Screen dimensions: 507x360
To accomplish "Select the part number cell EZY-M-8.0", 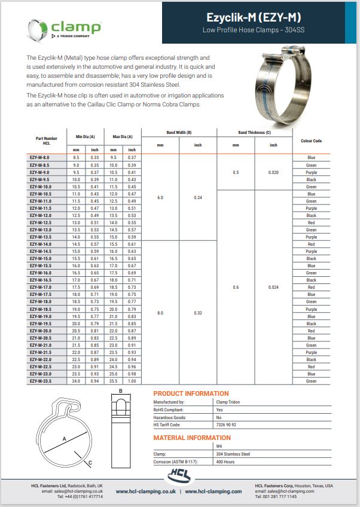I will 41,157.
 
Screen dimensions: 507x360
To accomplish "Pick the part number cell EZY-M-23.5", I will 41,381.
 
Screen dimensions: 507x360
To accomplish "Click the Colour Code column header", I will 312,141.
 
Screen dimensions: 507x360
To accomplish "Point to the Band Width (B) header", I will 179,132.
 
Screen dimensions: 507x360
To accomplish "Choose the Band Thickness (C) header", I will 254,132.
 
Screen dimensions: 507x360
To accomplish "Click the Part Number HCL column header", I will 46,141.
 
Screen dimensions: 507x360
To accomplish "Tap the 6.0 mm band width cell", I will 160,197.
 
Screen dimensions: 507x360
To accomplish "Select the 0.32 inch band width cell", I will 199,313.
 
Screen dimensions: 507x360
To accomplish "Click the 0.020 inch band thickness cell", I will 273,172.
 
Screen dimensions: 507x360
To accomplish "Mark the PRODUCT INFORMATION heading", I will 191,393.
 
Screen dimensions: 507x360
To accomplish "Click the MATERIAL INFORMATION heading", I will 192,438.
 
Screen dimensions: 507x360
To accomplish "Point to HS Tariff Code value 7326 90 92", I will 225,424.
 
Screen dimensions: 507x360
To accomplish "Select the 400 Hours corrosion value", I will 224,462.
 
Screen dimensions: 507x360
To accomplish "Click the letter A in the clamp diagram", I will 63,438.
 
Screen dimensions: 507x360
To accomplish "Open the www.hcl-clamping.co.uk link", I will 145,491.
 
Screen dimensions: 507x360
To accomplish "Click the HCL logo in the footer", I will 180,477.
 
